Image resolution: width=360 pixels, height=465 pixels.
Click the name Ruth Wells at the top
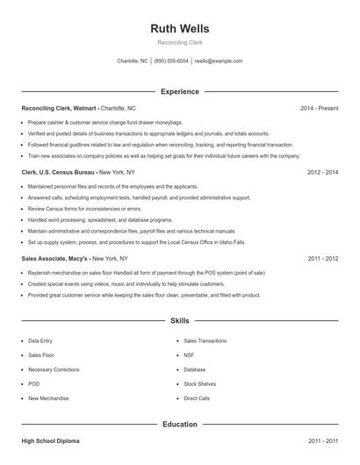pyautogui.click(x=180, y=28)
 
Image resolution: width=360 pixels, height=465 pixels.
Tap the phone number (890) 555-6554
pyautogui.click(x=171, y=61)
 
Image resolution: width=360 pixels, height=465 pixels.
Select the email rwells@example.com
pyautogui.click(x=219, y=61)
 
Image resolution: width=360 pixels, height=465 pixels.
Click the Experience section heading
pyautogui.click(x=180, y=91)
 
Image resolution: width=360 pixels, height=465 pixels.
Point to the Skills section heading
pyautogui.click(x=180, y=322)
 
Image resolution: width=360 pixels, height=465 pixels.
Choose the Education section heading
pyautogui.click(x=180, y=424)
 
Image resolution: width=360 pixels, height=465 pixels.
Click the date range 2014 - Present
pyautogui.click(x=319, y=108)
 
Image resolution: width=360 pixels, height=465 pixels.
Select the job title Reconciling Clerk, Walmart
pyautogui.click(x=60, y=108)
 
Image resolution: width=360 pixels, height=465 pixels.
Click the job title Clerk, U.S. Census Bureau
pyautogui.click(x=58, y=173)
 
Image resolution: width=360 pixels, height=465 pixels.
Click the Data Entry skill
pyautogui.click(x=40, y=340)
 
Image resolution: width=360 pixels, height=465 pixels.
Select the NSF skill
pyautogui.click(x=189, y=355)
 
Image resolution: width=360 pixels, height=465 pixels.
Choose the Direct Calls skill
pyautogui.click(x=197, y=398)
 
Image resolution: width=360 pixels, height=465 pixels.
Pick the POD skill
pyautogui.click(x=34, y=384)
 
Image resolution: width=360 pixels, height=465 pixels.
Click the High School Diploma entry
pyautogui.click(x=50, y=440)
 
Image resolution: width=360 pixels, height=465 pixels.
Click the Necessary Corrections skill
pyautogui.click(x=54, y=369)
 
